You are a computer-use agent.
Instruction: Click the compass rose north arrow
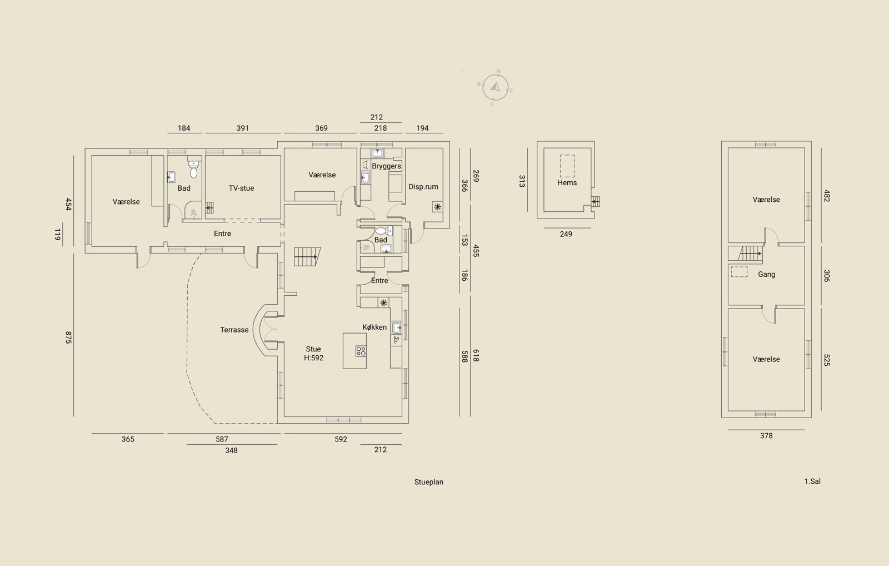[495, 87]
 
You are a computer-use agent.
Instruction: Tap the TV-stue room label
[241, 188]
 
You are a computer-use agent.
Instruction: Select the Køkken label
[374, 327]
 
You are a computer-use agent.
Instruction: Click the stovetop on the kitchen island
[361, 351]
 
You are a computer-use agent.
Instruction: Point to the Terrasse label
[234, 330]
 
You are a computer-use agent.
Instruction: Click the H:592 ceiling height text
[313, 358]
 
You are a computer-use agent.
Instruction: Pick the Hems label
[567, 183]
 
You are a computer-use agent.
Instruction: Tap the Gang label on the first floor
[766, 275]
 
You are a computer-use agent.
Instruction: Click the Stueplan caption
[428, 482]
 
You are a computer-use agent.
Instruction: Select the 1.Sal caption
[812, 481]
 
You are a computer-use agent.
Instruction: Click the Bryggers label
[386, 166]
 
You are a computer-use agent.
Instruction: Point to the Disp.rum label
[423, 187]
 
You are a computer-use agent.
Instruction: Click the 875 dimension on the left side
[68, 337]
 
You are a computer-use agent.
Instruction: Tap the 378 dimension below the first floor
[766, 436]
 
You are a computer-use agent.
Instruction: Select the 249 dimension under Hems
[566, 234]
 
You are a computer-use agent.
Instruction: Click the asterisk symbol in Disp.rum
[437, 207]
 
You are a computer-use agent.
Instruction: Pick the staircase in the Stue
[307, 256]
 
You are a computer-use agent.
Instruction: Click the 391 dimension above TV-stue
[242, 128]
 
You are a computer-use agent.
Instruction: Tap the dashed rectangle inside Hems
[567, 166]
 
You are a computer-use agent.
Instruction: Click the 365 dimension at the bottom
[128, 439]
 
